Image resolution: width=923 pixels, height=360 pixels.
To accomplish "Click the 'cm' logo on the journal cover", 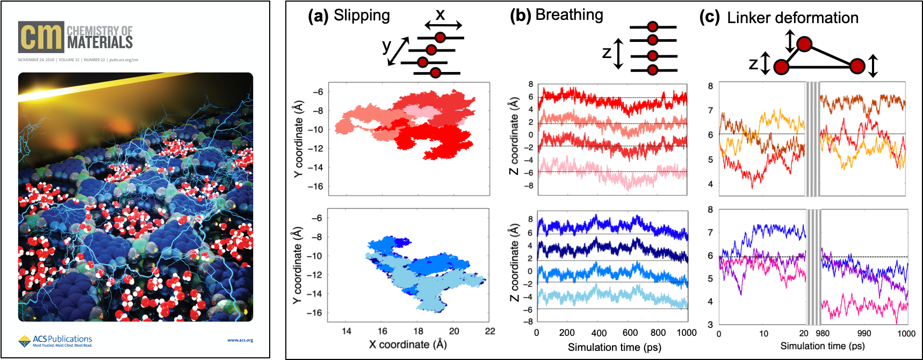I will click(41, 37).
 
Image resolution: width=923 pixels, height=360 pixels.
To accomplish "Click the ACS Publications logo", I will click(55, 341).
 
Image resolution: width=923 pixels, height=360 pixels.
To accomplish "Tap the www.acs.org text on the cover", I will click(240, 340).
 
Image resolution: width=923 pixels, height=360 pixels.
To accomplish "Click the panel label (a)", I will click(318, 16).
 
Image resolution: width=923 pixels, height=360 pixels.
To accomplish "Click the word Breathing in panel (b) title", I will click(569, 15).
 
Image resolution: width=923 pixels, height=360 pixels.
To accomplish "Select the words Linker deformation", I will click(792, 18).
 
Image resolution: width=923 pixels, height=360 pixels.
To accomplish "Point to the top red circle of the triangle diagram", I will click(804, 44).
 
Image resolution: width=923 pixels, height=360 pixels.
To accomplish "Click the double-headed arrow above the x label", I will click(443, 25).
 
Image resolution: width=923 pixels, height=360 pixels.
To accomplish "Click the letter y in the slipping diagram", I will click(386, 46).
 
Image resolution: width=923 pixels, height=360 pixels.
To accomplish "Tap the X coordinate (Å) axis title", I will click(408, 344).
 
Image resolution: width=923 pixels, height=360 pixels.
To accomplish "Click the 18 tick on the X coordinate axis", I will click(418, 331).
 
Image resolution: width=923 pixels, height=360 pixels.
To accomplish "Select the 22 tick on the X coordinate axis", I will click(489, 331).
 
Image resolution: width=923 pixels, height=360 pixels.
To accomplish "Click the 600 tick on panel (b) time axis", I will click(630, 333).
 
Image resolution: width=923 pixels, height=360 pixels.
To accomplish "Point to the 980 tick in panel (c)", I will click(823, 334).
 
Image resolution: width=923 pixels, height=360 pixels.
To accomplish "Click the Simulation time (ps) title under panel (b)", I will click(614, 348).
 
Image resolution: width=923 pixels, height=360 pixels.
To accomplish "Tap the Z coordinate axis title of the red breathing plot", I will click(514, 136).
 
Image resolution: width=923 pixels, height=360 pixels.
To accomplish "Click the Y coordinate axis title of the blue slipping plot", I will click(297, 265).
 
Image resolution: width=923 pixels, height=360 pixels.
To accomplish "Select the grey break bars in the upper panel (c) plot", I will click(812, 139).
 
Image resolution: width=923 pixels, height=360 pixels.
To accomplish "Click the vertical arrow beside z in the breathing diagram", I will click(618, 53).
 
